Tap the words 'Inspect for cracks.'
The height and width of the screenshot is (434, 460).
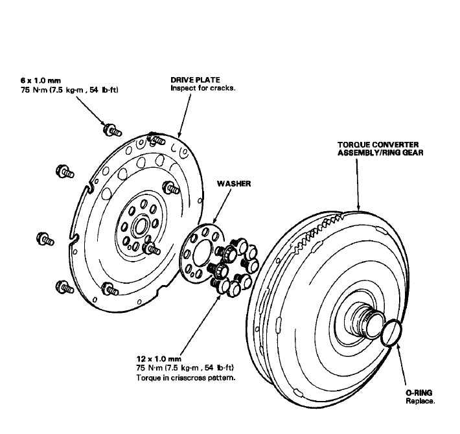(x=202, y=87)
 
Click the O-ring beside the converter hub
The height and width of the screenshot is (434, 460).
(x=393, y=333)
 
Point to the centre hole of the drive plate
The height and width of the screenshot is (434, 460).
(x=138, y=228)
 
